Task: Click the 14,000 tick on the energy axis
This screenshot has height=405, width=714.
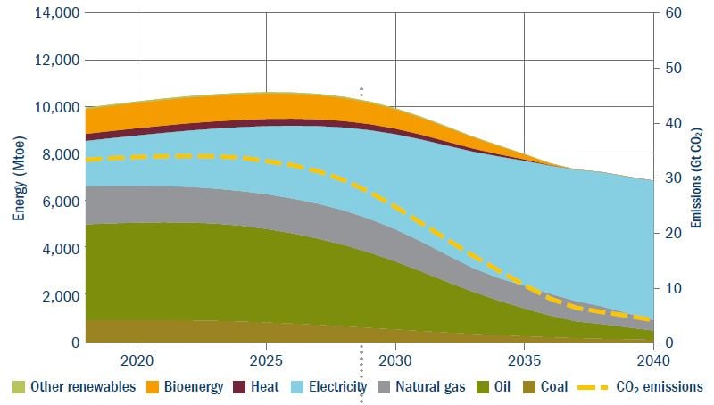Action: [55, 13]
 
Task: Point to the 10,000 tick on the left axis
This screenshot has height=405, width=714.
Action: [55, 107]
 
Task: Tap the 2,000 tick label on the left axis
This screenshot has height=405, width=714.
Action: [59, 295]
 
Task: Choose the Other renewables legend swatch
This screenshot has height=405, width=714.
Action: [18, 387]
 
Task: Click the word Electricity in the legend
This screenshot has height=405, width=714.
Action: [336, 387]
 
